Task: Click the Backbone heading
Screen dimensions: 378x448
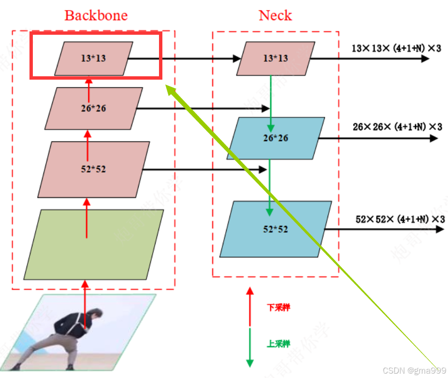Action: click(x=96, y=15)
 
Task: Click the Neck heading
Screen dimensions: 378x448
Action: click(x=275, y=15)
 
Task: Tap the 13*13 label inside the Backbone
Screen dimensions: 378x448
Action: click(x=93, y=58)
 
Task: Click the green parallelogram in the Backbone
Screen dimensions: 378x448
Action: click(x=94, y=244)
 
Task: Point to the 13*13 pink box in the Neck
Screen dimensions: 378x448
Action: click(x=275, y=58)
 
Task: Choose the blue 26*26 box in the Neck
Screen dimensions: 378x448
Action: click(x=275, y=138)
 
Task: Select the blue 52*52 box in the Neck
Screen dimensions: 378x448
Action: click(x=275, y=229)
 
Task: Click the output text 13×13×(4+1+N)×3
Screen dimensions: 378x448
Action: click(x=396, y=48)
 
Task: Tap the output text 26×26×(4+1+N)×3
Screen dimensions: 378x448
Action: click(x=397, y=127)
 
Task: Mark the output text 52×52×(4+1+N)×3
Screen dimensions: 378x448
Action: click(x=400, y=219)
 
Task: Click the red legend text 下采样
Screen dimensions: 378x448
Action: click(x=278, y=308)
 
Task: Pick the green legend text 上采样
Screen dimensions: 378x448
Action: click(x=278, y=344)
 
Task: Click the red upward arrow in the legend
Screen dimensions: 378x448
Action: click(x=250, y=307)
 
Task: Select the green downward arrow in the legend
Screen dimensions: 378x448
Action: click(x=250, y=348)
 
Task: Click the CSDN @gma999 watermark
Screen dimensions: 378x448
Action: click(x=414, y=370)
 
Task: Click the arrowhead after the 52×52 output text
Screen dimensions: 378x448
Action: click(x=439, y=229)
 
